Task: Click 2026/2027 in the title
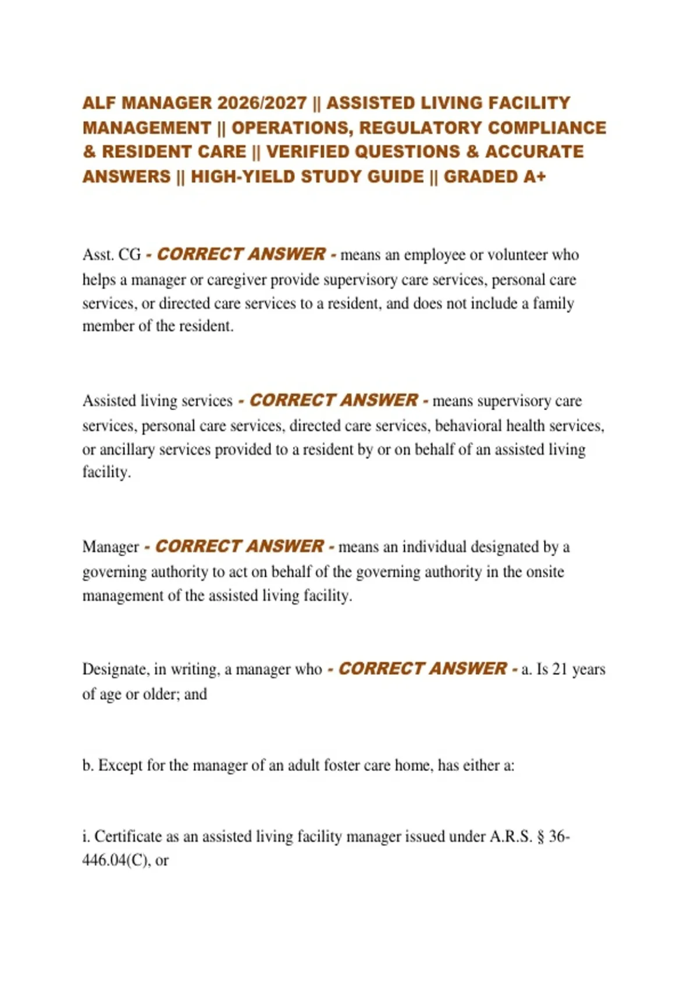point(262,103)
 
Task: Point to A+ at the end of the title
point(535,176)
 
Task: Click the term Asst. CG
point(112,255)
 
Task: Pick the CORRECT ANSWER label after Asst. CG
point(241,254)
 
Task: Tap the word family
point(554,303)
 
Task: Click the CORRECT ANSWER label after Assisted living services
point(333,400)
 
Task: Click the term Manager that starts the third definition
point(111,547)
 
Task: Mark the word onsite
point(545,571)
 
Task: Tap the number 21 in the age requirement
point(560,669)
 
